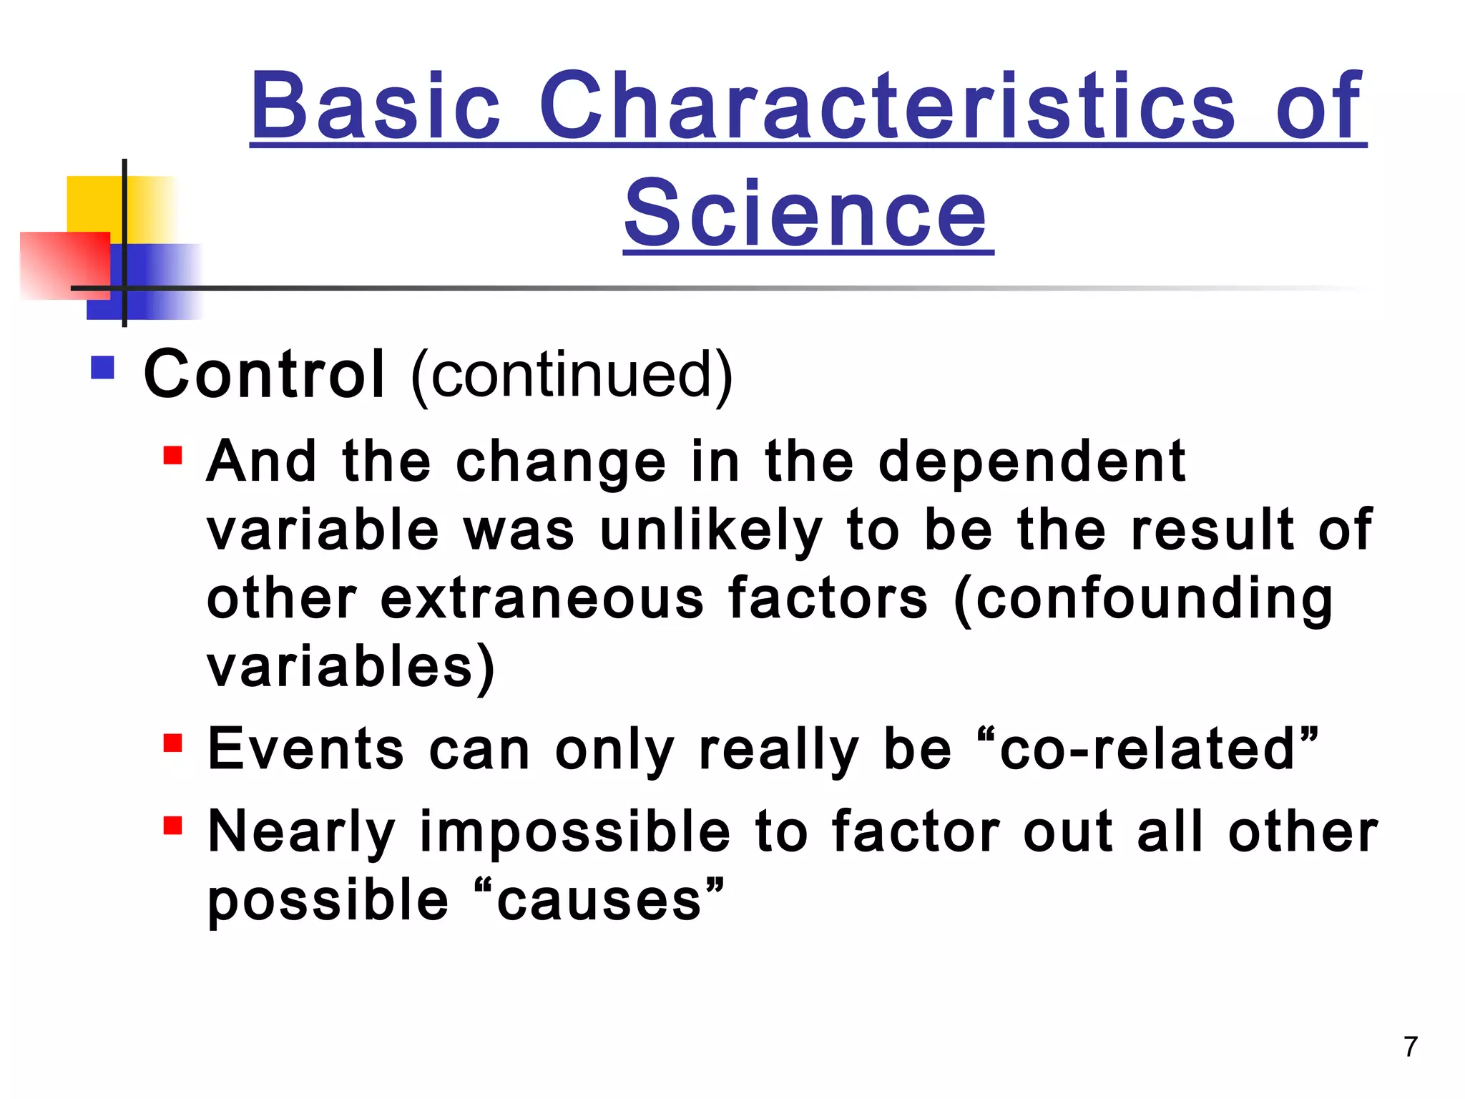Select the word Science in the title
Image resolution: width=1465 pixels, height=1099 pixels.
[x=808, y=213]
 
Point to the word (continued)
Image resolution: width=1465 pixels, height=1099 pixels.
[x=572, y=375]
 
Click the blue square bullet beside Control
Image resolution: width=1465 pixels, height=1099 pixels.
[x=103, y=368]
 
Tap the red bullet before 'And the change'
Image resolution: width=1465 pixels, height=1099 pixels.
[x=172, y=456]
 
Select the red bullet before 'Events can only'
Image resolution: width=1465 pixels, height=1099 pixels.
[x=172, y=743]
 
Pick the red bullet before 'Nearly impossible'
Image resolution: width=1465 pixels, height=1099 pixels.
[x=172, y=826]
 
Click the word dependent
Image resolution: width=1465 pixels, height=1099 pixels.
[x=1032, y=462]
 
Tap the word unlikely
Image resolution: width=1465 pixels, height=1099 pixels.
[x=711, y=531]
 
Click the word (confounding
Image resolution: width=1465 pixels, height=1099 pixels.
[x=1143, y=600]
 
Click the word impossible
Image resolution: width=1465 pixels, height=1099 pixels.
[x=575, y=833]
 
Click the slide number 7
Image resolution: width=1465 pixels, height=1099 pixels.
[x=1410, y=1047]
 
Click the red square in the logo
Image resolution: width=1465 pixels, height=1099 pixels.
[x=64, y=265]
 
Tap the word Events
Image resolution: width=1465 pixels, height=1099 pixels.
[x=305, y=749]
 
